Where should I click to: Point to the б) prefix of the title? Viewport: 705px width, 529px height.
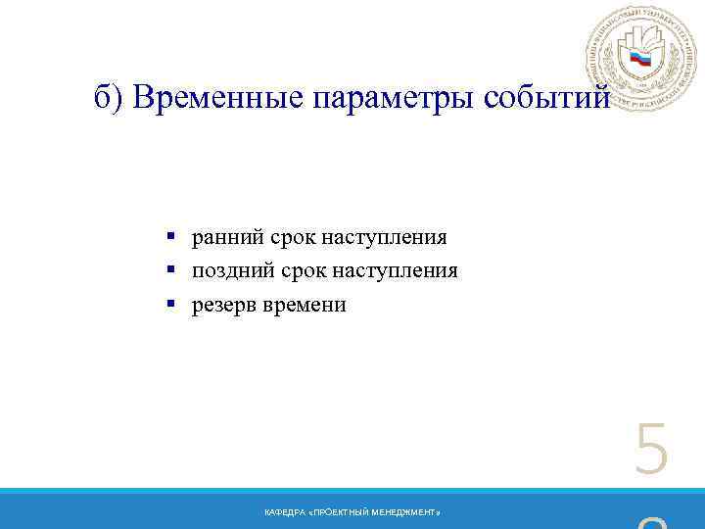click(110, 98)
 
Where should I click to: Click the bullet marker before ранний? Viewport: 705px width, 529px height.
click(170, 237)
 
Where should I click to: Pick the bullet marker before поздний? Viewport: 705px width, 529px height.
click(170, 270)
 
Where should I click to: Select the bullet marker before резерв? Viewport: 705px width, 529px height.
click(170, 305)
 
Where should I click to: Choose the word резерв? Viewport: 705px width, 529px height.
click(222, 305)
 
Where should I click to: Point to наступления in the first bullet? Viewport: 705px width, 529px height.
click(384, 237)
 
